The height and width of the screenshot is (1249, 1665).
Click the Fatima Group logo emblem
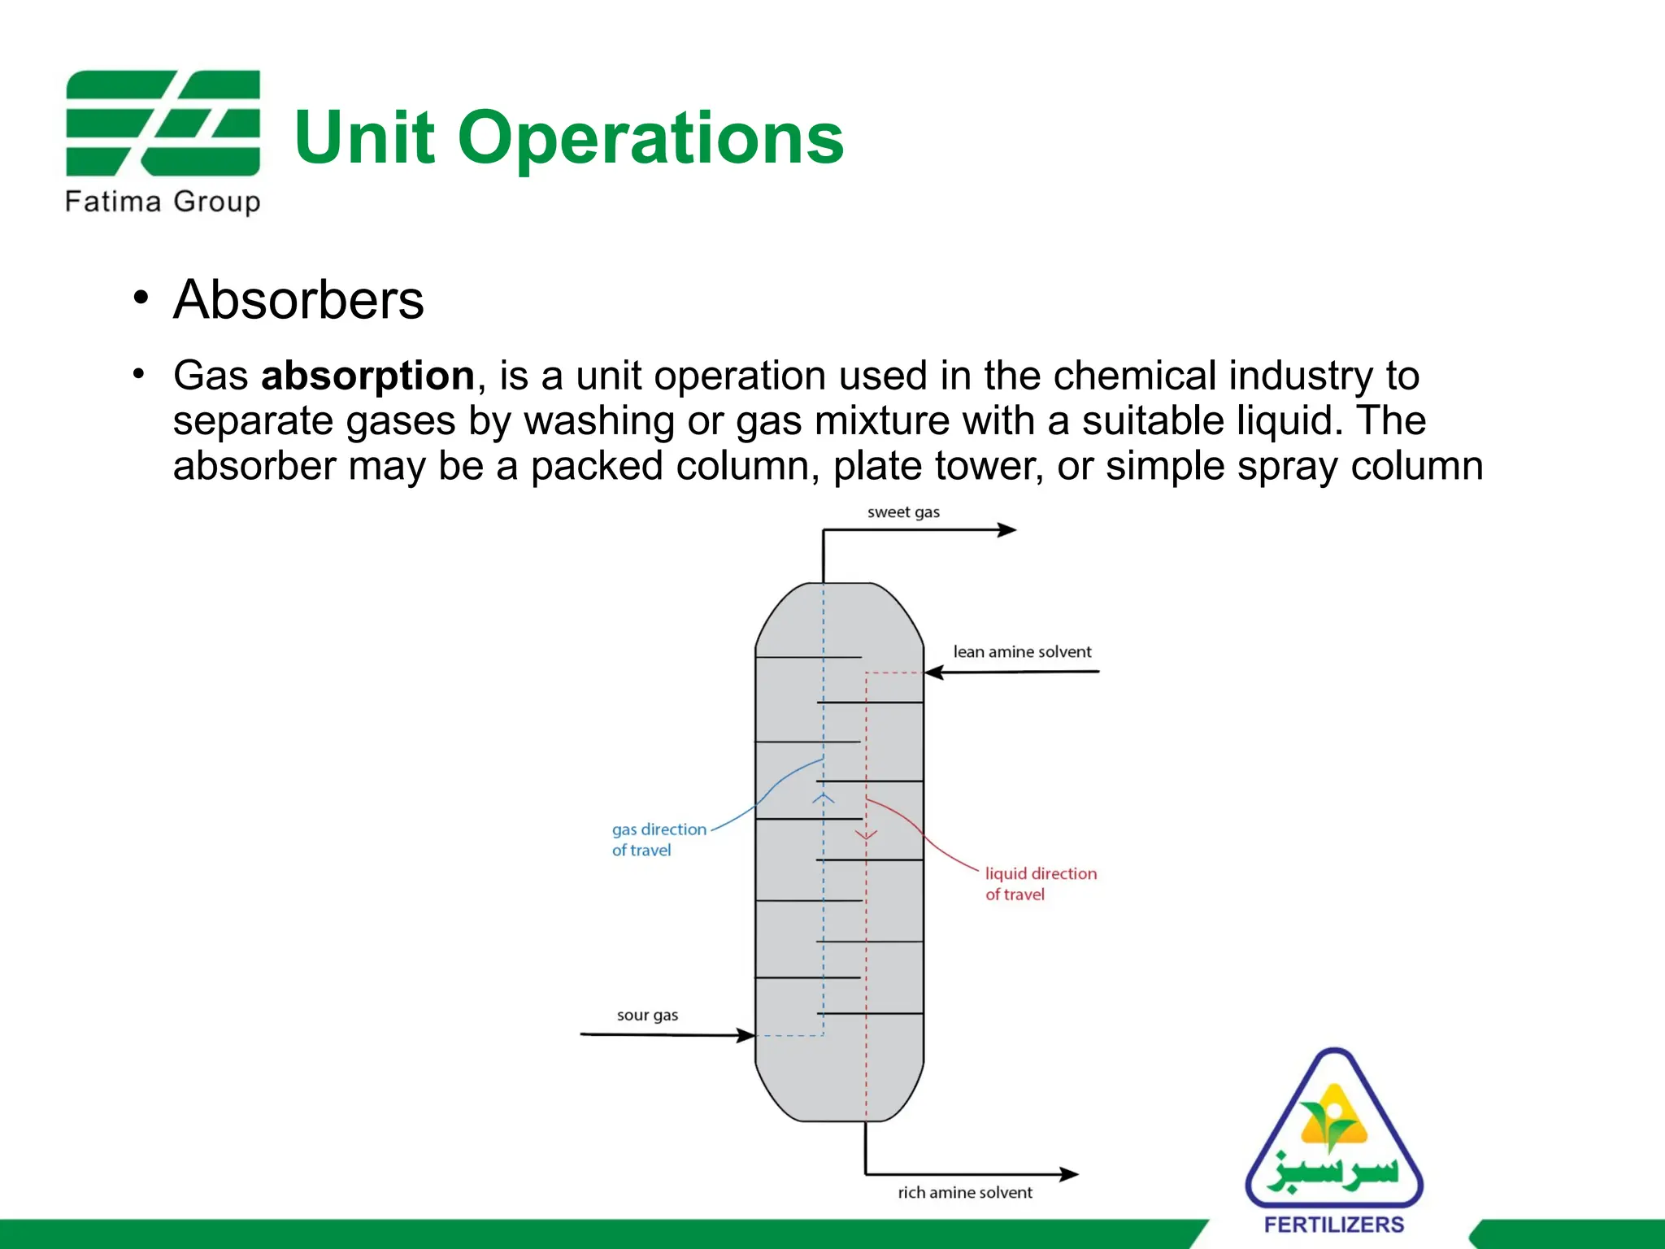click(x=163, y=123)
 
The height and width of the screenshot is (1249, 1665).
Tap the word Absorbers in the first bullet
click(x=298, y=299)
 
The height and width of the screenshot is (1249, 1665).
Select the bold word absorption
click(x=367, y=376)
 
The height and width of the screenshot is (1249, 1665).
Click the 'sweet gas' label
click(x=903, y=512)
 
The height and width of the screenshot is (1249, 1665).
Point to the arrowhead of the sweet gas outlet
click(x=1008, y=530)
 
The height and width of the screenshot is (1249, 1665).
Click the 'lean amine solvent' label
click(x=1022, y=651)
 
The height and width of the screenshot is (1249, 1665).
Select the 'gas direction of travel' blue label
click(x=659, y=839)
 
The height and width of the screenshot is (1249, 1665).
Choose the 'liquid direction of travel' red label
click(x=1041, y=883)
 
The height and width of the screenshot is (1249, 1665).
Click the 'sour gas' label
click(x=647, y=1015)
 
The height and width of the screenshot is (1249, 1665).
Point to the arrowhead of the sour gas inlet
click(x=746, y=1035)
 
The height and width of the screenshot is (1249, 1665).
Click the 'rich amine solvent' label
click(x=965, y=1192)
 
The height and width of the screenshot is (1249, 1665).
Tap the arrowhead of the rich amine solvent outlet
click(x=1070, y=1174)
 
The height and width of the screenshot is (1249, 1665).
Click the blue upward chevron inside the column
click(x=824, y=799)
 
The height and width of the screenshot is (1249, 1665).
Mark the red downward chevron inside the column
click(x=866, y=834)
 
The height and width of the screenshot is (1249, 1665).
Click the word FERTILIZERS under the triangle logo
click(x=1334, y=1225)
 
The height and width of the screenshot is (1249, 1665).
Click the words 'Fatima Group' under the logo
click(x=163, y=201)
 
